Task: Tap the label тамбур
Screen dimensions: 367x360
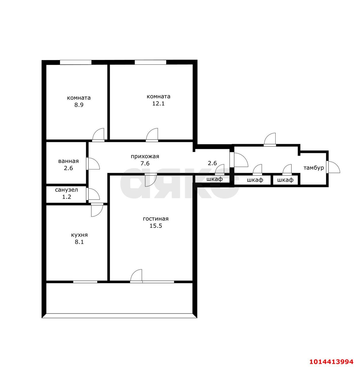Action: click(x=313, y=168)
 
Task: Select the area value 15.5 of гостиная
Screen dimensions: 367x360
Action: click(x=156, y=226)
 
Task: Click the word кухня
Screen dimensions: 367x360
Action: click(x=79, y=235)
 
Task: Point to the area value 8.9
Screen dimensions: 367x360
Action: click(x=79, y=105)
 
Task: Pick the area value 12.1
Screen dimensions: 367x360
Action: click(x=158, y=104)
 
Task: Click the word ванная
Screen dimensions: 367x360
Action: click(x=68, y=161)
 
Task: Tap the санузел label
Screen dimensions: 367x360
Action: click(x=66, y=190)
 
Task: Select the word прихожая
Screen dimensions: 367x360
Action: click(x=145, y=156)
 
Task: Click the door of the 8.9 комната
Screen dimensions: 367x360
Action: click(x=98, y=135)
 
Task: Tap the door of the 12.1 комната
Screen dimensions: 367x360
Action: click(x=152, y=135)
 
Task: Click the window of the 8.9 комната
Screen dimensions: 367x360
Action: click(x=76, y=62)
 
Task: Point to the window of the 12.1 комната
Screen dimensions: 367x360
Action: click(x=150, y=62)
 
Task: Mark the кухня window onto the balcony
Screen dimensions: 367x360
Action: click(x=85, y=282)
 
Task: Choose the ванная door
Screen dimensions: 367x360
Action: click(x=93, y=164)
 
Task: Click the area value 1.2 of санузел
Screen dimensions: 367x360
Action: click(x=66, y=197)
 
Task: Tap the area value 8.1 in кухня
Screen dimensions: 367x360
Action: click(x=79, y=242)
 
